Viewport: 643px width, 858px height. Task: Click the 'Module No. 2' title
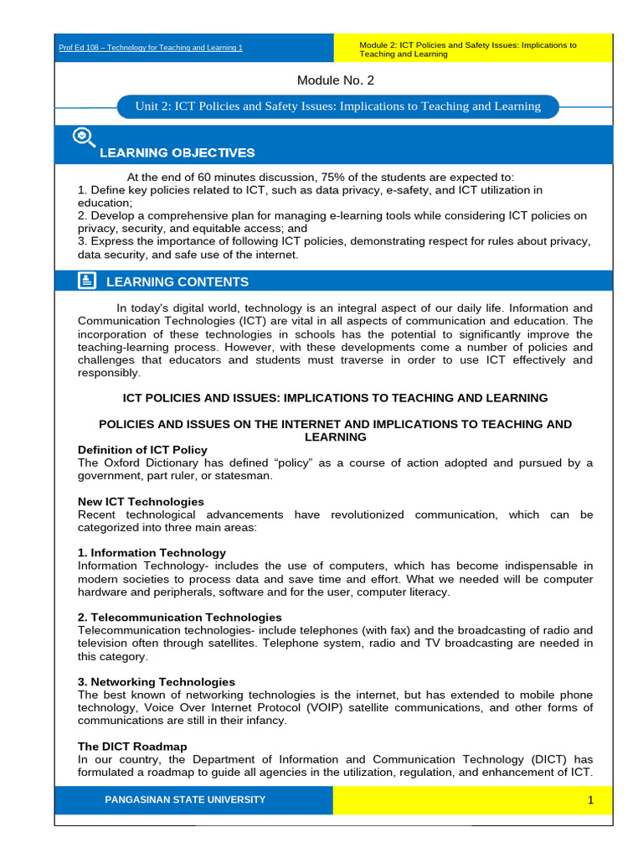click(x=336, y=80)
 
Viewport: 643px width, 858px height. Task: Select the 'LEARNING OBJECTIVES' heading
click(x=177, y=152)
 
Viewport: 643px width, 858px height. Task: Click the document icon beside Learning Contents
click(x=87, y=281)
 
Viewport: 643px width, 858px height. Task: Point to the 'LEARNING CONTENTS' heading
click(x=183, y=282)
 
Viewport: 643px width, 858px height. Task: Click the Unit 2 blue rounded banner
click(x=338, y=106)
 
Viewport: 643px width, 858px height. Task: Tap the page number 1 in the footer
click(x=590, y=800)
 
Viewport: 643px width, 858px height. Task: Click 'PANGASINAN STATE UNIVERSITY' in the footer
click(x=185, y=800)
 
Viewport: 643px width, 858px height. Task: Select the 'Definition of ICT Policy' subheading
click(x=142, y=450)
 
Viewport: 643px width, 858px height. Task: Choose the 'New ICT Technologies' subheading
click(x=141, y=501)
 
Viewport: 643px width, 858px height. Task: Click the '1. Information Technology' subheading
click(x=152, y=553)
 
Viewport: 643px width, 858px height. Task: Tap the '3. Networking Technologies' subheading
click(x=157, y=682)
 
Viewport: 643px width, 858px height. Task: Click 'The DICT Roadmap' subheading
click(x=132, y=747)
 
